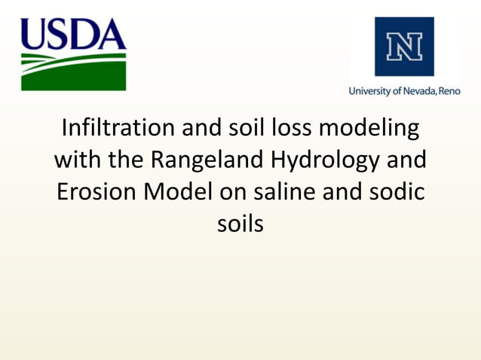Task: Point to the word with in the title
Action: point(79,160)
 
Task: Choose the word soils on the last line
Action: point(240,224)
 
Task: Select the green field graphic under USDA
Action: point(73,72)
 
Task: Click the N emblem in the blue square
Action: point(404,46)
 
